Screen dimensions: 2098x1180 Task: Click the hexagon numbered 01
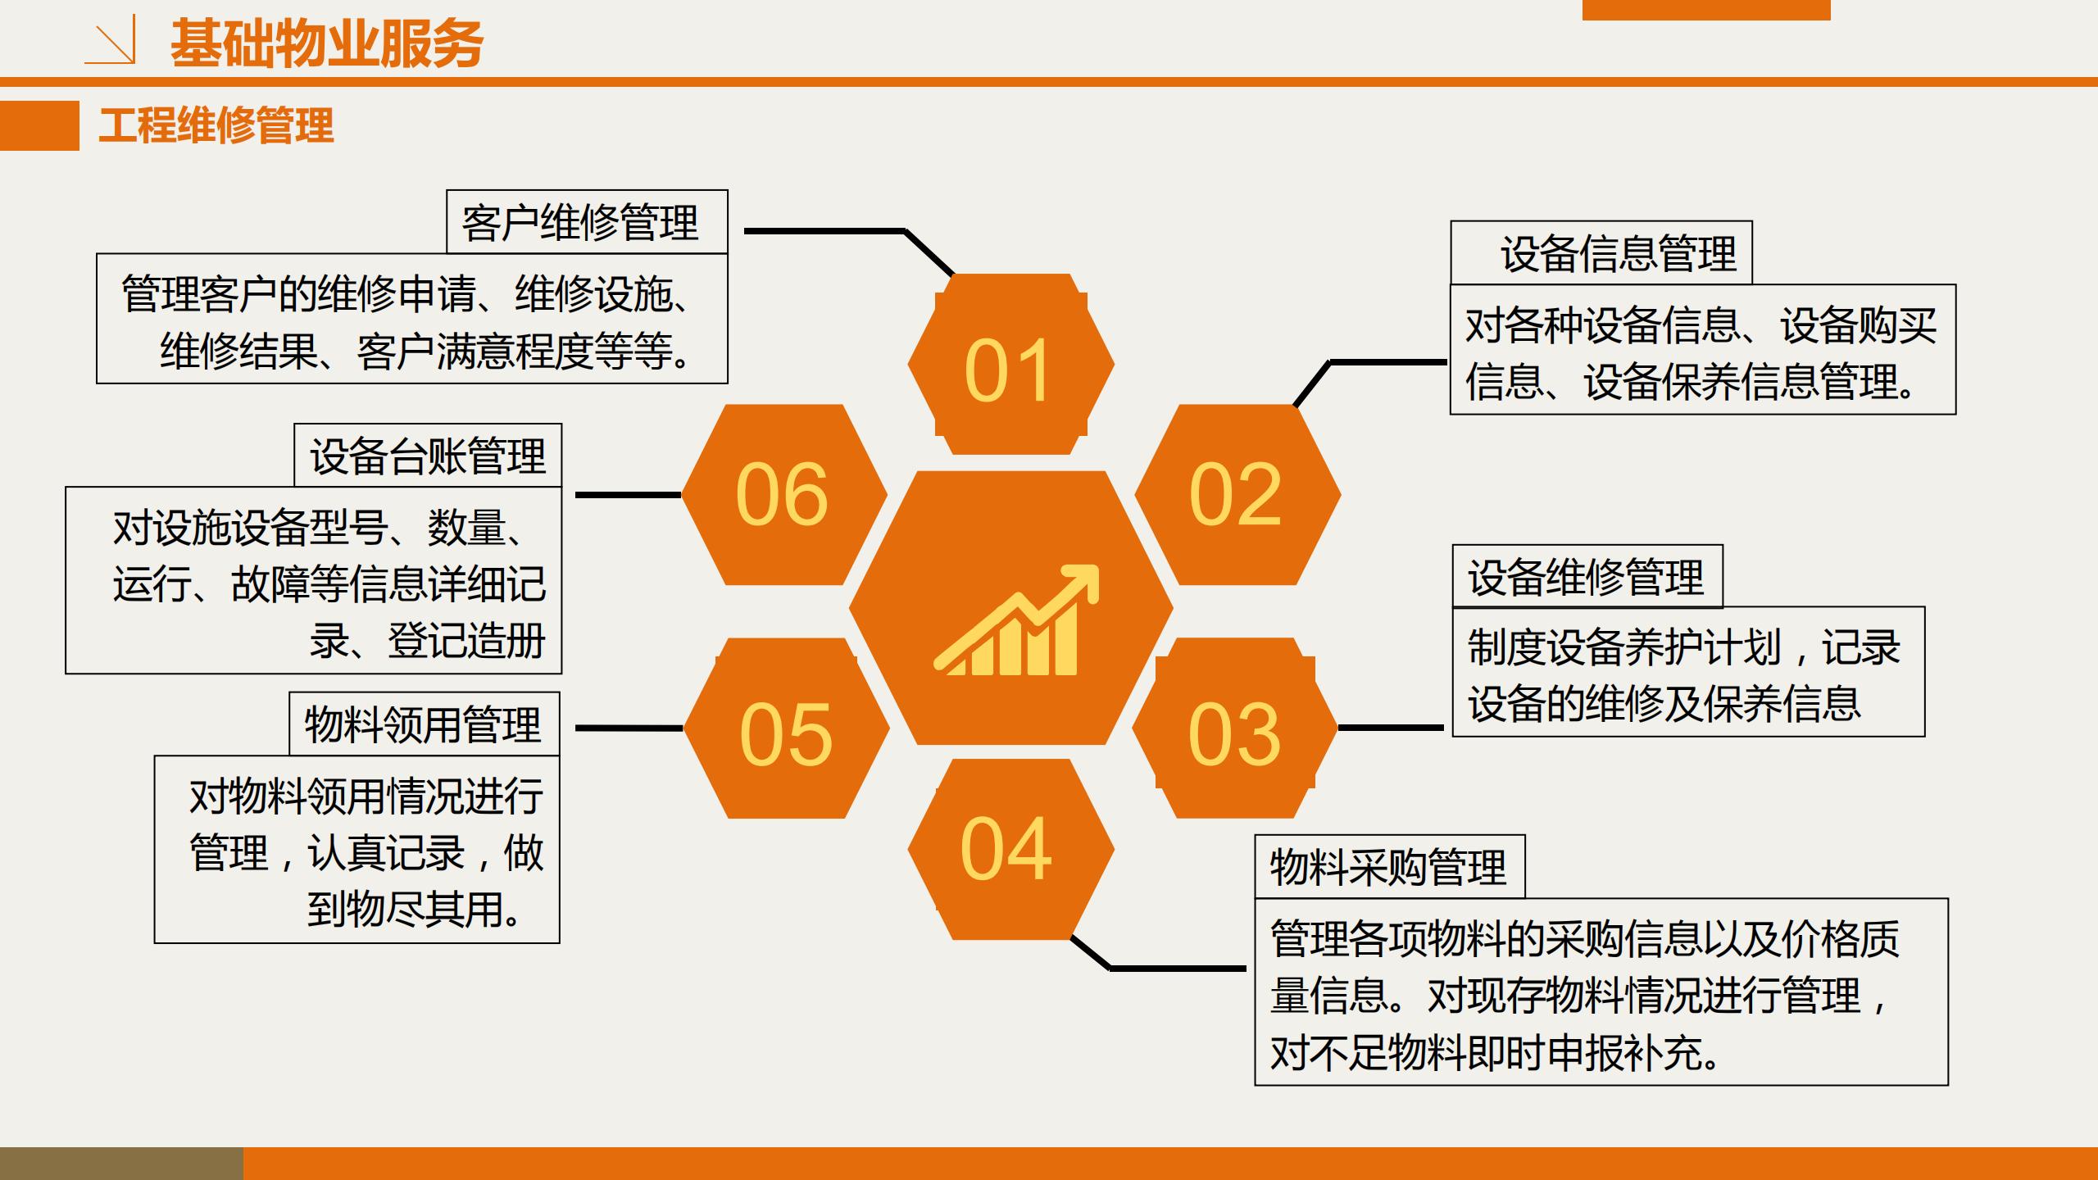pyautogui.click(x=1010, y=364)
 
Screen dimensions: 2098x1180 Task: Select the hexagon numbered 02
pyautogui.click(x=1237, y=494)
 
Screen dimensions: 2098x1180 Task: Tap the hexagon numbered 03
pyautogui.click(x=1235, y=728)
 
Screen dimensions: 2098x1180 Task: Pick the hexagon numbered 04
pyautogui.click(x=1010, y=849)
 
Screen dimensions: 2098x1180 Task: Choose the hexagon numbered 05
pyautogui.click(x=787, y=728)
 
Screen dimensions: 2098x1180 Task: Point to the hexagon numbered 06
pyautogui.click(x=784, y=494)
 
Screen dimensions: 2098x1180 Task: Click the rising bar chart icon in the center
pyautogui.click(x=1016, y=620)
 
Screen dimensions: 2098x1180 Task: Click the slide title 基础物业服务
pyautogui.click(x=327, y=43)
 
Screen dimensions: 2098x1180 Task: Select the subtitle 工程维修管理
pyautogui.click(x=216, y=125)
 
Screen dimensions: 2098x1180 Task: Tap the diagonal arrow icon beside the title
pyautogui.click(x=111, y=43)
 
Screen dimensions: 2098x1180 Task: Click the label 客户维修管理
pyautogui.click(x=580, y=223)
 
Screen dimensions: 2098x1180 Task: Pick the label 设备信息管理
pyautogui.click(x=1619, y=253)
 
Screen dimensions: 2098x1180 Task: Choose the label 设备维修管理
pyautogui.click(x=1586, y=577)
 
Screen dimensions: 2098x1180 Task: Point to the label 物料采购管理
pyautogui.click(x=1388, y=867)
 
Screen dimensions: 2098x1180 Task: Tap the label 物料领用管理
pyautogui.click(x=423, y=724)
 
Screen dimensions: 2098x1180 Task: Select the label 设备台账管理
pyautogui.click(x=428, y=456)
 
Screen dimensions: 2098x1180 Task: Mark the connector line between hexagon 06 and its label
pyautogui.click(x=629, y=495)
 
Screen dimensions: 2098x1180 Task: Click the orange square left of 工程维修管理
pyautogui.click(x=39, y=125)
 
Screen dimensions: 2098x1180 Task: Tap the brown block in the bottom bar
pyautogui.click(x=121, y=1164)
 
